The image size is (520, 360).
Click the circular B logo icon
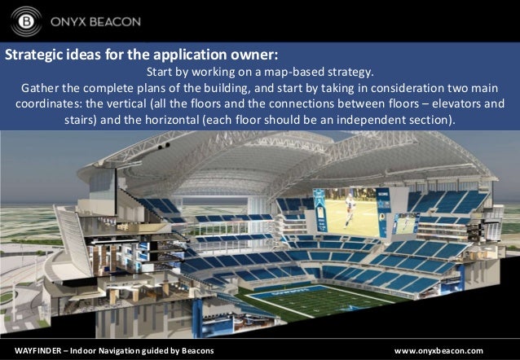(x=27, y=20)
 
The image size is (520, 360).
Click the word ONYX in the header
(x=71, y=20)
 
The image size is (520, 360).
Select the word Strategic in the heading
(x=34, y=56)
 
